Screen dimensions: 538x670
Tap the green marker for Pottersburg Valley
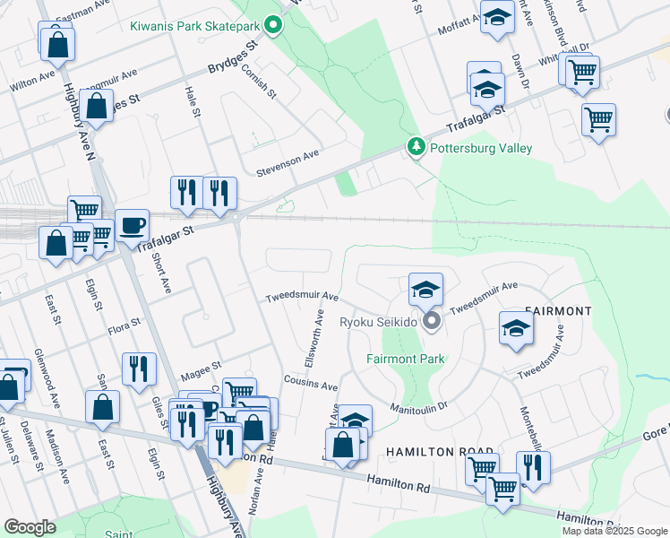tap(416, 146)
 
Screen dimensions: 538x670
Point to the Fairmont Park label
tap(406, 359)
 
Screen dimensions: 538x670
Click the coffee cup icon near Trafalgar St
tap(133, 224)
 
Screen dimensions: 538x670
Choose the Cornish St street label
tap(263, 82)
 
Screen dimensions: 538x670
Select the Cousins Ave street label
tap(311, 386)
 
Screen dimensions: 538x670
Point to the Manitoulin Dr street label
tap(418, 408)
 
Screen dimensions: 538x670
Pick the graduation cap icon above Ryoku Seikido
tap(425, 289)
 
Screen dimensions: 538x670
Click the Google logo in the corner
tap(30, 526)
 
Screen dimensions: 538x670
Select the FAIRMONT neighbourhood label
tap(557, 311)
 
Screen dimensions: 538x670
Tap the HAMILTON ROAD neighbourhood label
tap(440, 451)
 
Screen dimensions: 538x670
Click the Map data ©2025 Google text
tap(614, 531)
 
